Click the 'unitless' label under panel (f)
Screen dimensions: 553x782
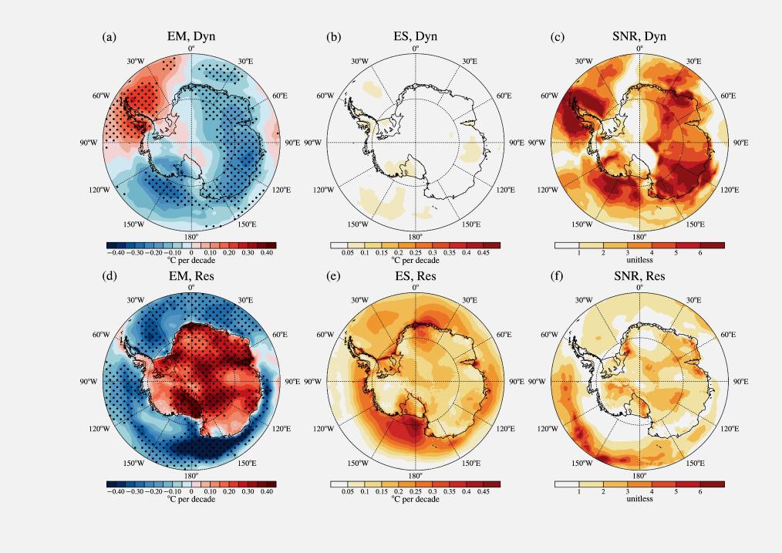click(x=639, y=499)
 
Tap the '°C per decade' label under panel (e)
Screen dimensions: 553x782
click(x=415, y=499)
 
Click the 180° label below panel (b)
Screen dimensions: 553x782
click(x=415, y=237)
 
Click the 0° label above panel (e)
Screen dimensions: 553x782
click(x=415, y=287)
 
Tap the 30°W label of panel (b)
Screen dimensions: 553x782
click(x=359, y=61)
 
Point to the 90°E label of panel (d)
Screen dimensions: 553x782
click(x=293, y=381)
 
